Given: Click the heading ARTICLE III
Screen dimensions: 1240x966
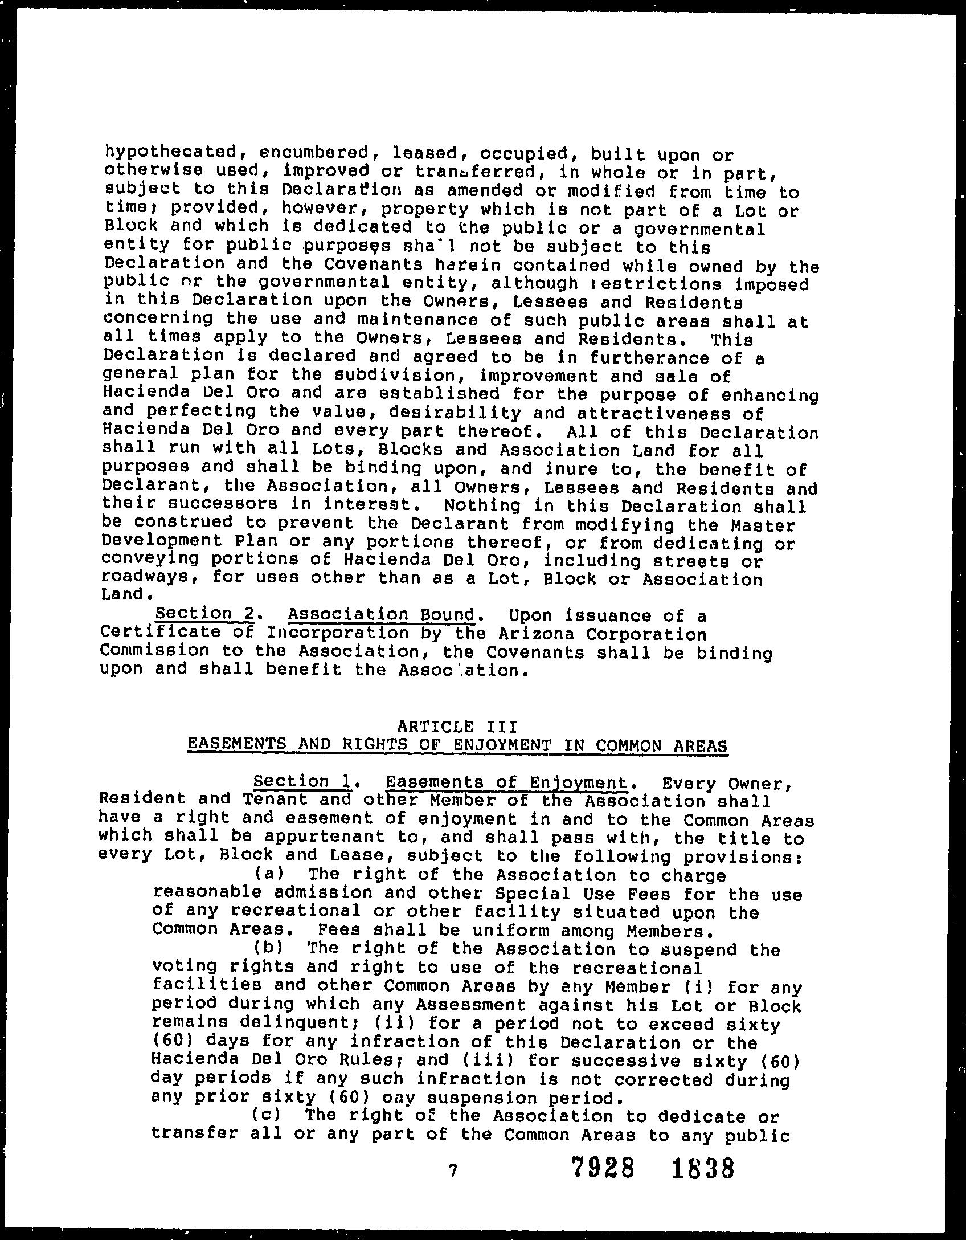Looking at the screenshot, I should point(457,727).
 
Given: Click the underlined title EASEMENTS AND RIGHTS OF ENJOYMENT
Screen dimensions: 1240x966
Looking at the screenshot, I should point(457,745).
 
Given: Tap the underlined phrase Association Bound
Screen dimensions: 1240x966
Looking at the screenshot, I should point(381,615).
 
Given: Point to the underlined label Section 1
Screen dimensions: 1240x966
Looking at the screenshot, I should point(302,781).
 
